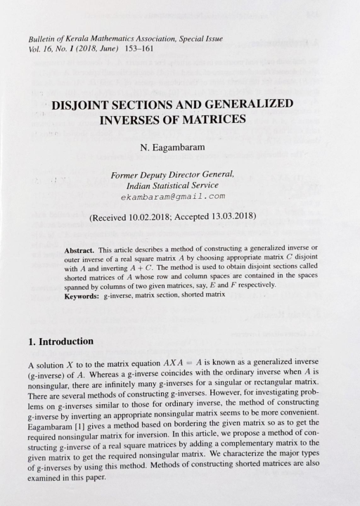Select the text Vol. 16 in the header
[x=41, y=48]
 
